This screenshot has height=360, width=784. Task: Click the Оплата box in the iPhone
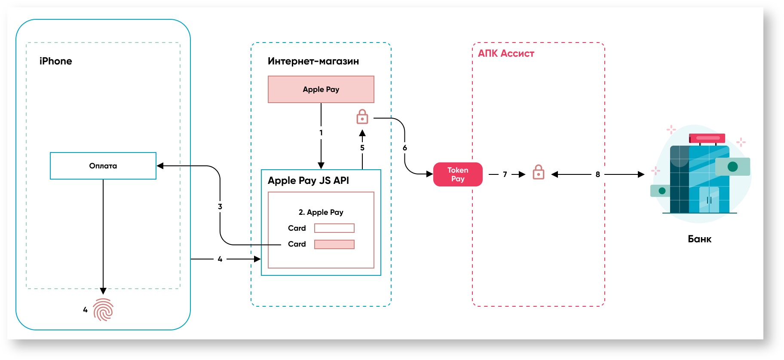[x=103, y=166]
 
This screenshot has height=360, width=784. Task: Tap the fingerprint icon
[x=103, y=310]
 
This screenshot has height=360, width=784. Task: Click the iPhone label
[x=55, y=61]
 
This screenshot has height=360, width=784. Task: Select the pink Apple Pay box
[x=321, y=89]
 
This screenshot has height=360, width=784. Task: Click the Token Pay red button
[x=458, y=174]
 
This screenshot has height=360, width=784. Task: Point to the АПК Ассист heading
[x=506, y=54]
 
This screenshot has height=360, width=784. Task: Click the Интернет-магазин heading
[x=313, y=61]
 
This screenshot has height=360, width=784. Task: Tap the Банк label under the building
[x=699, y=239]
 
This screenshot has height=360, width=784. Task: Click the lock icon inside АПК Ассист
[x=538, y=173]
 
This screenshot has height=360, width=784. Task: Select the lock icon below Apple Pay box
[x=362, y=117]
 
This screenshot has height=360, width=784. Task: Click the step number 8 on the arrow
[x=597, y=174]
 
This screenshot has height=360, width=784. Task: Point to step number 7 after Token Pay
[x=505, y=174]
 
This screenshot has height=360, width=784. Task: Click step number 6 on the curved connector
[x=404, y=148]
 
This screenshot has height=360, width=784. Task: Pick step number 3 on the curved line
[x=220, y=207]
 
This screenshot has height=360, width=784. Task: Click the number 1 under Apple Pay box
[x=321, y=133]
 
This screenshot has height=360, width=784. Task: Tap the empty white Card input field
[x=334, y=228]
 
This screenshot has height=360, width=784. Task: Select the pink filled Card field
[x=334, y=244]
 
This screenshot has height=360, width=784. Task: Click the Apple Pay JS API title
[x=308, y=180]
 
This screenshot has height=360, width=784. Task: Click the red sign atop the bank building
[x=707, y=138]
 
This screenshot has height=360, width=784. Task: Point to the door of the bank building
[x=709, y=200]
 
